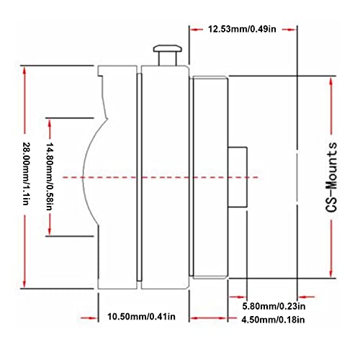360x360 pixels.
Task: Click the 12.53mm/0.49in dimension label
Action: point(242,30)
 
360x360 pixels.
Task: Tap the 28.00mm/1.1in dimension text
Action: point(26,174)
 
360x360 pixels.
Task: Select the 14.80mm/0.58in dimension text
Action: point(50,176)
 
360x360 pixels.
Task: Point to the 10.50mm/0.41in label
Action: point(141,317)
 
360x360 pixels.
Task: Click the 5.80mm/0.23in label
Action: point(274,306)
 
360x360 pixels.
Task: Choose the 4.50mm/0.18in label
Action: point(273,320)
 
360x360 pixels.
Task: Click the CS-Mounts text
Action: point(332,177)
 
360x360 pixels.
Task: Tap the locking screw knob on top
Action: point(168,55)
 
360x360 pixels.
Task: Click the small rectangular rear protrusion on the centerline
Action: point(238,177)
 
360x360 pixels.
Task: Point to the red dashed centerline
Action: point(161,177)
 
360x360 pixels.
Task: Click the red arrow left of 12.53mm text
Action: point(196,30)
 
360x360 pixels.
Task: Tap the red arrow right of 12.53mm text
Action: point(289,30)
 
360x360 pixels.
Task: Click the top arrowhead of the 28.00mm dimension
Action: point(24,70)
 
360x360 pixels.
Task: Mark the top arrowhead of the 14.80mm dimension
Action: point(50,122)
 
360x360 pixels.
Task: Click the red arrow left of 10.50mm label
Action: point(89,318)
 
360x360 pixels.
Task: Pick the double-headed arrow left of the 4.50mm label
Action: point(208,318)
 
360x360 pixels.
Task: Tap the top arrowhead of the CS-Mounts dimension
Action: point(331,81)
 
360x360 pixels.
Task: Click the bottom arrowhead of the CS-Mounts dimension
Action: point(331,273)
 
